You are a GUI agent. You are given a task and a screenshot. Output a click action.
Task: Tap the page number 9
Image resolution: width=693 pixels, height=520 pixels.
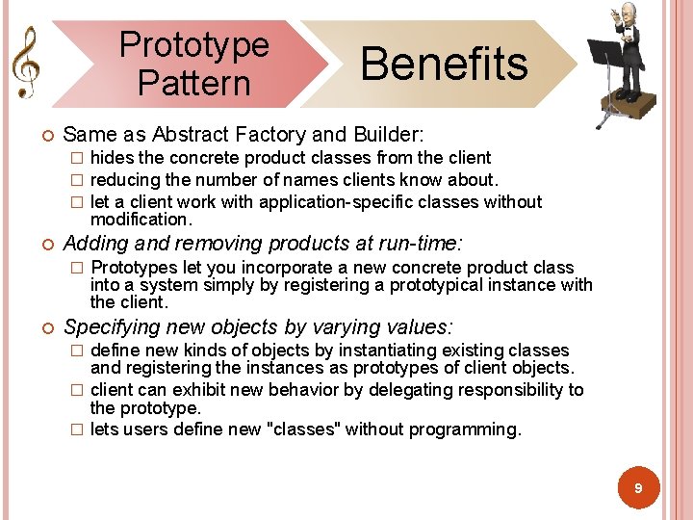[x=637, y=489]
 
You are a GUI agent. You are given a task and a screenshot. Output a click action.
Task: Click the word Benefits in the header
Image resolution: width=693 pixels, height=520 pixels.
[x=444, y=64]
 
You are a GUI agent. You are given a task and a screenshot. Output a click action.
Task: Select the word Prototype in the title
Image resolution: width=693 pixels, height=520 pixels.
[x=194, y=44]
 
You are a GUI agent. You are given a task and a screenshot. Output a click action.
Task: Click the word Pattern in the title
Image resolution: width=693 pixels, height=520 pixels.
[x=193, y=83]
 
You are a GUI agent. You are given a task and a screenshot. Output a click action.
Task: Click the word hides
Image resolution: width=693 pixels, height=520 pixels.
[x=112, y=158]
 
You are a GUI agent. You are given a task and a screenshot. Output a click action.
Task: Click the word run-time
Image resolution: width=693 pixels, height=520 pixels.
[x=421, y=243]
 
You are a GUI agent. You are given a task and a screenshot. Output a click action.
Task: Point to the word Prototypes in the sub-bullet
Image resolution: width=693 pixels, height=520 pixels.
[x=133, y=268]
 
